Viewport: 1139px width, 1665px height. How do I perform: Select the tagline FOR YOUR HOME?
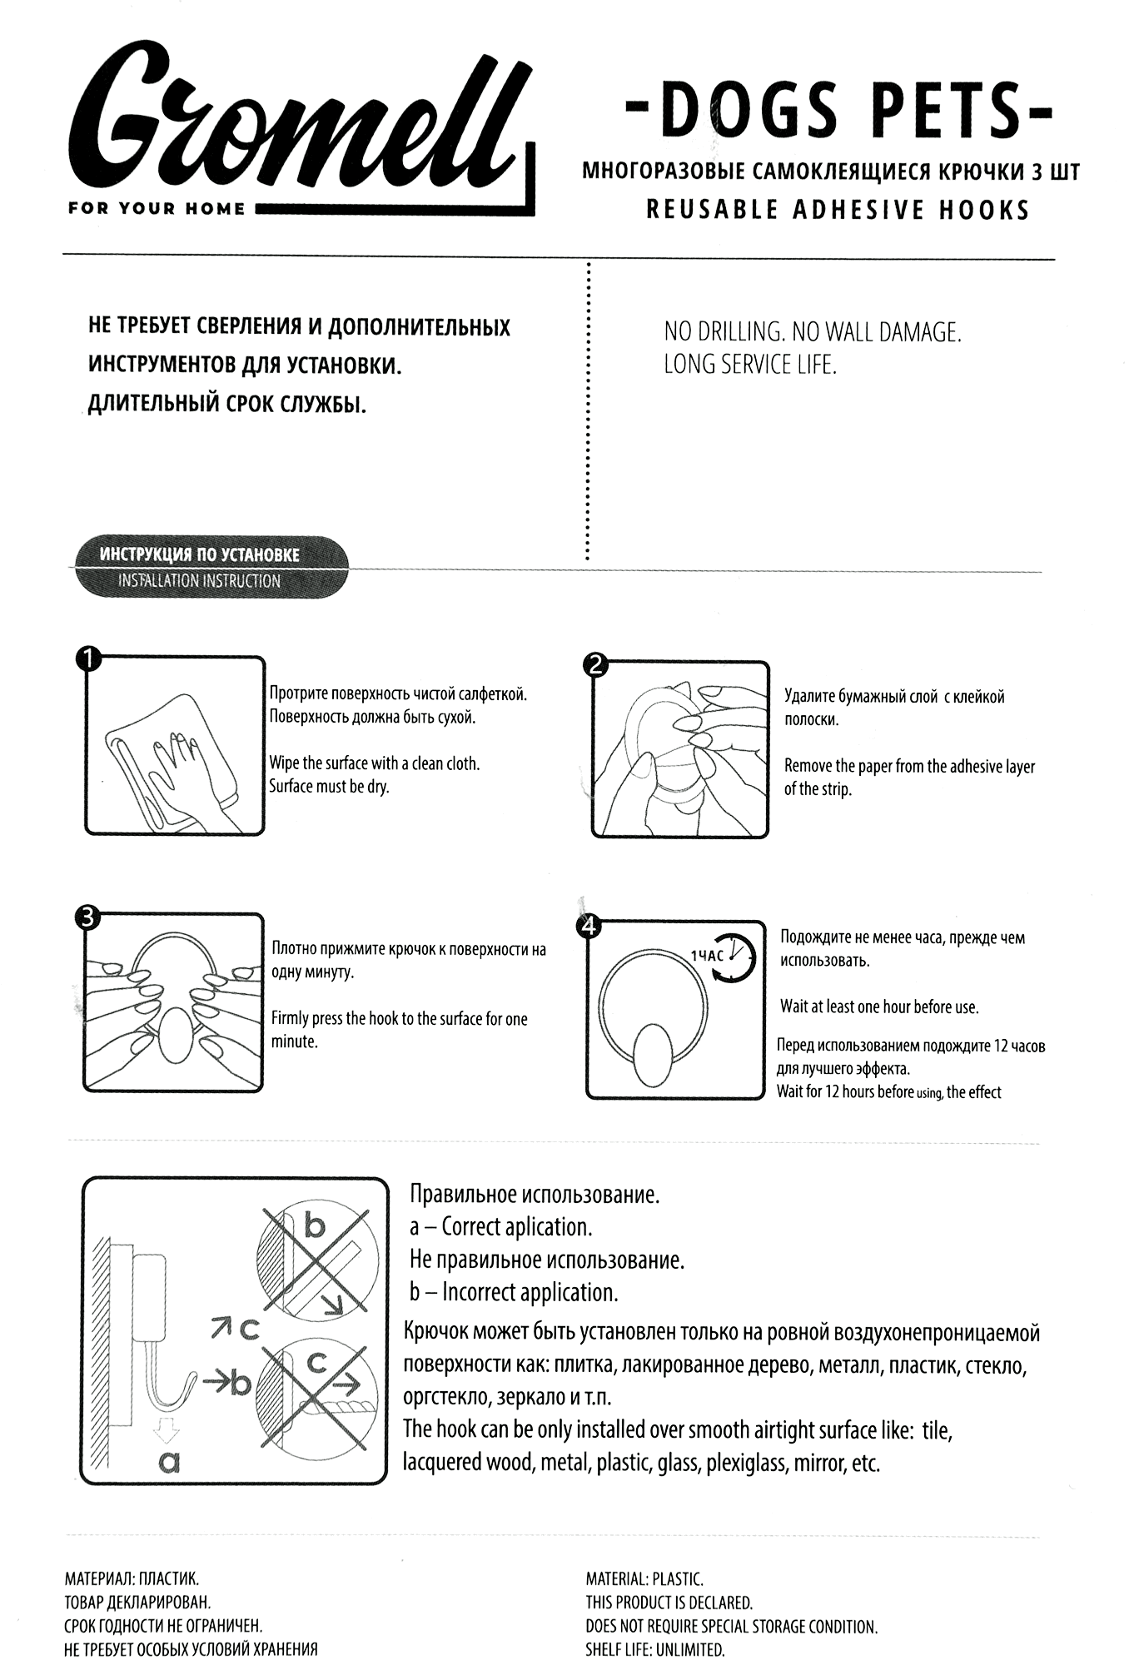coord(157,209)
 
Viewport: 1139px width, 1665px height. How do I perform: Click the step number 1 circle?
coord(87,660)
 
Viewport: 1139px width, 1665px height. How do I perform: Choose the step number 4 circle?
coord(589,926)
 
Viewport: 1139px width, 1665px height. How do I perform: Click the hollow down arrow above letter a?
coord(167,1430)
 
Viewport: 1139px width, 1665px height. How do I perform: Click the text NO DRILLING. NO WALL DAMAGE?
coord(812,333)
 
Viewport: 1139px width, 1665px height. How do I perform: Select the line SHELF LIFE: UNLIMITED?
coord(655,1649)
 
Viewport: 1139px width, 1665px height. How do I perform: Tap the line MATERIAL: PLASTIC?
coord(644,1578)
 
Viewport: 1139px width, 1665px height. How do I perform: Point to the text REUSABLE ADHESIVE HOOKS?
coord(838,210)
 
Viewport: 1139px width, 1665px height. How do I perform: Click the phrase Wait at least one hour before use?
coord(879,1006)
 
